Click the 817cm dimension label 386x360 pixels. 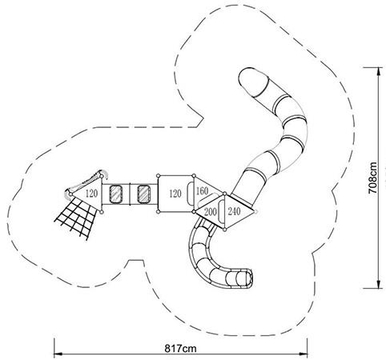pyautogui.click(x=180, y=348)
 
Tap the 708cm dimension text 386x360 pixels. pyautogui.click(x=372, y=178)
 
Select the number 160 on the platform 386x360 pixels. pyautogui.click(x=202, y=191)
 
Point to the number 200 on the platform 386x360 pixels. pyautogui.click(x=211, y=212)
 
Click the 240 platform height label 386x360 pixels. pyautogui.click(x=234, y=211)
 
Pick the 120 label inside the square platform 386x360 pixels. pyautogui.click(x=175, y=194)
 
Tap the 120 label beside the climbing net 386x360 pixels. pyautogui.click(x=91, y=194)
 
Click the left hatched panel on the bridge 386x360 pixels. pyautogui.click(x=116, y=194)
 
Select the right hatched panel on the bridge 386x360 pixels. pyautogui.click(x=144, y=194)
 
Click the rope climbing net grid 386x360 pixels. pyautogui.click(x=75, y=218)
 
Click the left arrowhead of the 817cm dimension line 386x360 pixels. pyautogui.click(x=58, y=354)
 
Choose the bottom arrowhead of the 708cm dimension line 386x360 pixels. pyautogui.click(x=379, y=284)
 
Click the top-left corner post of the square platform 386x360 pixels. pyautogui.click(x=158, y=175)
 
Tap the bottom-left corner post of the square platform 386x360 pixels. pyautogui.click(x=158, y=212)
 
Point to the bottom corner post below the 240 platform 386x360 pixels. pyautogui.click(x=225, y=229)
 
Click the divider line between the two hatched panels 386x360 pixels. pyautogui.click(x=130, y=194)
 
